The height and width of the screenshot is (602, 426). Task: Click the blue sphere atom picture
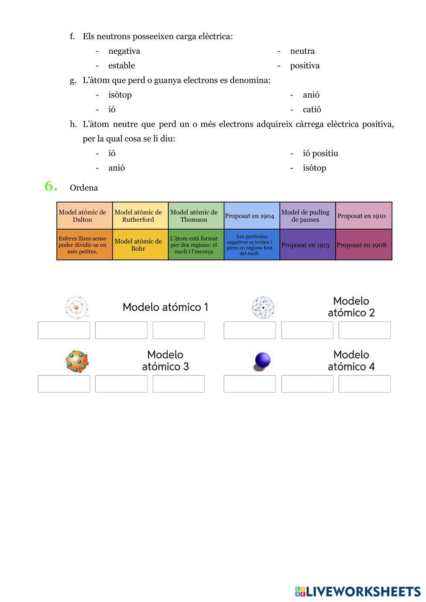click(262, 361)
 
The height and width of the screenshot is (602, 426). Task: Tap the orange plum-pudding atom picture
click(77, 362)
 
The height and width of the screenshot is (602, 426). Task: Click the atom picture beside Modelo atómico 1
click(77, 307)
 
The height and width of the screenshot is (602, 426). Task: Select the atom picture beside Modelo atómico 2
click(263, 307)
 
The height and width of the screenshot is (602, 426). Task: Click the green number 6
click(51, 186)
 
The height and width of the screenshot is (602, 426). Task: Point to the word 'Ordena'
click(84, 188)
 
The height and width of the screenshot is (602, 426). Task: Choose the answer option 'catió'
click(312, 110)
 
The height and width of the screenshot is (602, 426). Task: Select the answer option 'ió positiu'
click(320, 153)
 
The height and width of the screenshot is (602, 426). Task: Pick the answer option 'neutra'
click(302, 51)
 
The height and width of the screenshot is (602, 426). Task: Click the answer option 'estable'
click(122, 66)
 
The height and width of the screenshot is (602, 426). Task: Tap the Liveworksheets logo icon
click(300, 591)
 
